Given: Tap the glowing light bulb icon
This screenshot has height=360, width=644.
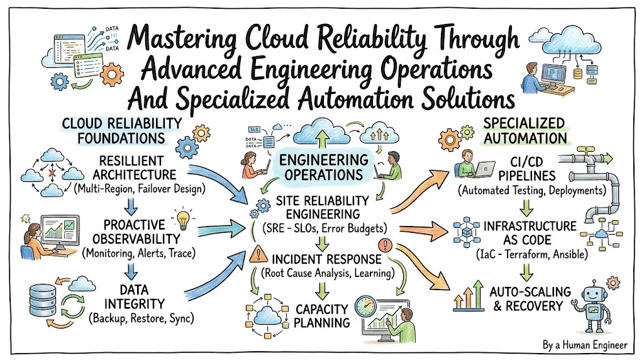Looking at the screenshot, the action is pos(184,219).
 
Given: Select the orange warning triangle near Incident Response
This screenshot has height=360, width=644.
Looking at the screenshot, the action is pos(258,254).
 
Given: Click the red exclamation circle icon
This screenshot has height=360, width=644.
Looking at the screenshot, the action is pos(385,245).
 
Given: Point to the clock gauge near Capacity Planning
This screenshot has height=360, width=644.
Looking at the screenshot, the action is pos(365,307).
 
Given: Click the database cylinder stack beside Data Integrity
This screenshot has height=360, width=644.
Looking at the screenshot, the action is pos(43,300).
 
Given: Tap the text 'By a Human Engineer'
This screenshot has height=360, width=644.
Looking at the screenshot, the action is pos(585,345).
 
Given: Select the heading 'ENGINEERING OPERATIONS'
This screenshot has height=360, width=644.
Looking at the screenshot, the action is pos(323,167).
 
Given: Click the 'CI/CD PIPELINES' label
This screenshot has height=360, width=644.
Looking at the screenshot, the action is pos(527,169).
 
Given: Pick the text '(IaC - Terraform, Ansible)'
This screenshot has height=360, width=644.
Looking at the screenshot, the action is pos(532,254).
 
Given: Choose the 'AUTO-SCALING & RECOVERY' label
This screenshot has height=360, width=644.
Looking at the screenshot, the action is pos(530,299).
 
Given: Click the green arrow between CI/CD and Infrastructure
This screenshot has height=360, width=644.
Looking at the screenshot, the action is pos(526,207).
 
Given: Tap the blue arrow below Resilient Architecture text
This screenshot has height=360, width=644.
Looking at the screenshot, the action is pos(131,206).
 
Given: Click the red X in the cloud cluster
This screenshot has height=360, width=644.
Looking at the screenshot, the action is pos(52,173).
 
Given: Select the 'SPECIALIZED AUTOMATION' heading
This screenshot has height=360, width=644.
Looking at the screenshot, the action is pos(525,131).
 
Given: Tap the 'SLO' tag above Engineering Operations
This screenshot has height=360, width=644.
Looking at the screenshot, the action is pos(254,130).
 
